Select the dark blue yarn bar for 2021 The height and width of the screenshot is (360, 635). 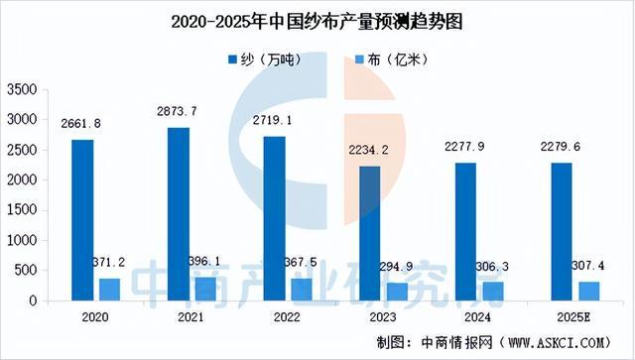(179, 213)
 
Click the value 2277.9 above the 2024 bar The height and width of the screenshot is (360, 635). (465, 148)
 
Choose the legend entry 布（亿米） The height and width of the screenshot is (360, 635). (392, 60)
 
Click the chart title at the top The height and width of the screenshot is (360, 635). (317, 20)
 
